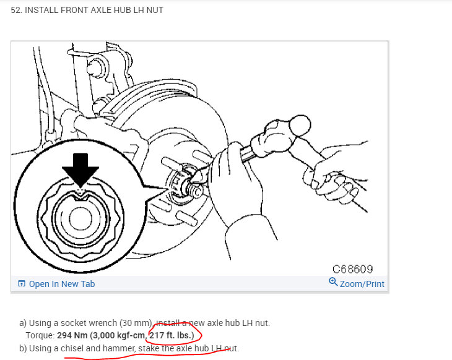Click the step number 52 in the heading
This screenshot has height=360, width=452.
point(17,10)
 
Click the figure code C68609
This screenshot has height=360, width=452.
point(353,269)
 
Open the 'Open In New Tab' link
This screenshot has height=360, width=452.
point(62,284)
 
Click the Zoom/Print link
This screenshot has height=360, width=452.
point(362,284)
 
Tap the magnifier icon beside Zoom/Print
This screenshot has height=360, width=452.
point(333,283)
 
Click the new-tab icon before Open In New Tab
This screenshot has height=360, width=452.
point(22,284)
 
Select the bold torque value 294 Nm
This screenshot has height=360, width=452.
point(71,335)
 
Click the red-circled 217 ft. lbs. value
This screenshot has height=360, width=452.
point(172,335)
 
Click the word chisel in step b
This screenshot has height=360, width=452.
point(73,348)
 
